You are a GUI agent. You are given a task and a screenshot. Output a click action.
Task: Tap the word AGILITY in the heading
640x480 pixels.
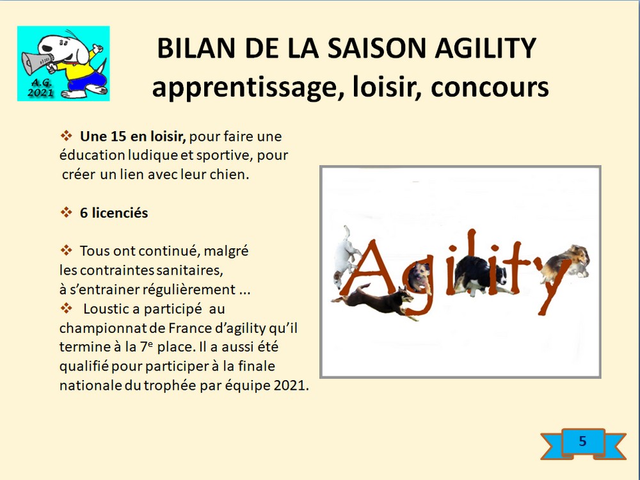(485, 49)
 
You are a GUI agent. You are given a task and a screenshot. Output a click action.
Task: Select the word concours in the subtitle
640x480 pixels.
(490, 88)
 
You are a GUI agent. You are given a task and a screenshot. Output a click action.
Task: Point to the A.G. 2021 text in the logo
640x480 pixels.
(40, 87)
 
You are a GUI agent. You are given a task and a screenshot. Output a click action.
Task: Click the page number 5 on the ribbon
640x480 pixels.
(582, 441)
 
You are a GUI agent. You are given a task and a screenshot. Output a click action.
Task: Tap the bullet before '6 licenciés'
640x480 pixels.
(66, 212)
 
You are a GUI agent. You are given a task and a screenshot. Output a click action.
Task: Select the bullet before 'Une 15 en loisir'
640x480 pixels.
(66, 136)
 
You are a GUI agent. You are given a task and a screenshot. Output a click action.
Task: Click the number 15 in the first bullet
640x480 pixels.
(118, 136)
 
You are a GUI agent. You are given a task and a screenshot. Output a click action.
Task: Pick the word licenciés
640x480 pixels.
(120, 212)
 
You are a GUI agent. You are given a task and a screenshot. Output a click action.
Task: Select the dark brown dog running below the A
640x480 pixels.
(374, 301)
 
